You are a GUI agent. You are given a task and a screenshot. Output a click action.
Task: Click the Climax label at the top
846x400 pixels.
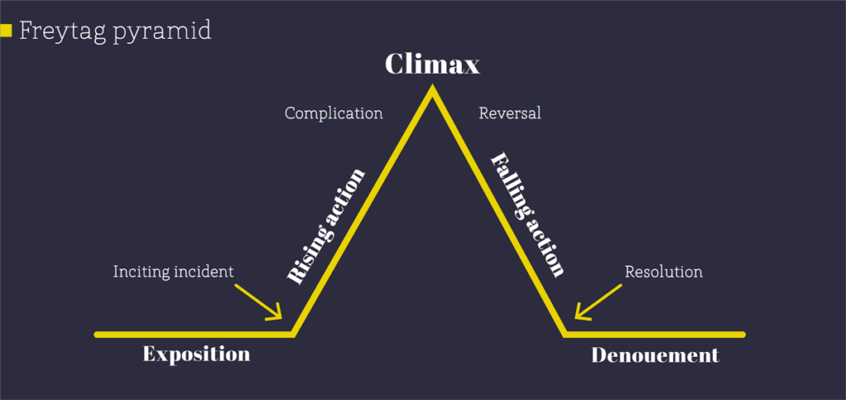(432, 64)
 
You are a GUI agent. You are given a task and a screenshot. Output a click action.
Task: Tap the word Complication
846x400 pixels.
(334, 113)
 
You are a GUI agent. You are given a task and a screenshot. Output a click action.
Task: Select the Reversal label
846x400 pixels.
(510, 113)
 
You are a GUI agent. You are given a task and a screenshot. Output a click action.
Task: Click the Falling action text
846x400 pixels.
(528, 214)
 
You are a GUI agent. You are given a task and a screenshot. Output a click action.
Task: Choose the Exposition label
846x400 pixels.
(196, 355)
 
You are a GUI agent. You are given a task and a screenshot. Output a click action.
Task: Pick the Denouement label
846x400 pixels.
(655, 356)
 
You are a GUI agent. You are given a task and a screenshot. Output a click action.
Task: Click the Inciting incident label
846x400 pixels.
(173, 271)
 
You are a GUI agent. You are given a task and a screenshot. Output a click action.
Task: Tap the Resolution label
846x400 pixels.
(663, 271)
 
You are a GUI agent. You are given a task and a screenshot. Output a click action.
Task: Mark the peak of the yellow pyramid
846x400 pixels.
(431, 91)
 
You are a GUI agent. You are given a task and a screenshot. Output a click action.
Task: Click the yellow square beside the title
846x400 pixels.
(6, 31)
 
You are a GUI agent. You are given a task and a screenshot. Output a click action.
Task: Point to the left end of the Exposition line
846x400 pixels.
(97, 335)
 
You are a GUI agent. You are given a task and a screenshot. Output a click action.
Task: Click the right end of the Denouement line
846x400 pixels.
(743, 335)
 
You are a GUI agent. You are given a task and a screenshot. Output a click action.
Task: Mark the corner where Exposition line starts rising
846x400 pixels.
(293, 334)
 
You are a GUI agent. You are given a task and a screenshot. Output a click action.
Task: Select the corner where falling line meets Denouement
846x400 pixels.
(567, 334)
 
